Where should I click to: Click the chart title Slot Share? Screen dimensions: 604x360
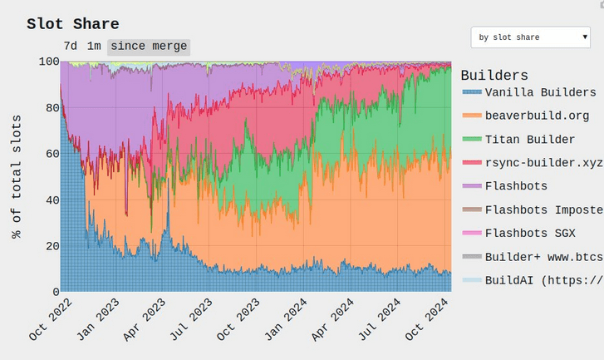coord(73,24)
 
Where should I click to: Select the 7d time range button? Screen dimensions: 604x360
coord(71,47)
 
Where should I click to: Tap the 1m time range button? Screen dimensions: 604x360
coord(94,47)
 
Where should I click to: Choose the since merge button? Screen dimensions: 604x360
coord(149,47)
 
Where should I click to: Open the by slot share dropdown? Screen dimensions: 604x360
coord(530,37)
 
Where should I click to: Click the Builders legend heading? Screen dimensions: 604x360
coord(494,75)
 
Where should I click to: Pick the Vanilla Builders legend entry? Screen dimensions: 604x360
coord(530,92)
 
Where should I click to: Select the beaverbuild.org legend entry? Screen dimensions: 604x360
coord(526,116)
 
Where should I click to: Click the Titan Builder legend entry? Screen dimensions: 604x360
coord(519,139)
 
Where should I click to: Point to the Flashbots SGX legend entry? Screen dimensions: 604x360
coord(519,233)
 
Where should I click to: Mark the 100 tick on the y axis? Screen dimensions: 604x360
coord(49,62)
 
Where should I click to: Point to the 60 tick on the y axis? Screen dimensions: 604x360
coord(52,154)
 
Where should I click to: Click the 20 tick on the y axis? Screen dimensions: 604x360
coord(52,246)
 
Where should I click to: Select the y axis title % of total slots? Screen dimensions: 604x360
coord(16,176)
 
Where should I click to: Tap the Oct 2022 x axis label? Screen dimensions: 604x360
coord(51,319)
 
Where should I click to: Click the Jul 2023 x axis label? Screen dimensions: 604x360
coord(191,319)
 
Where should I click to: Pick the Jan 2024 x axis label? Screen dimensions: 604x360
coord(286,319)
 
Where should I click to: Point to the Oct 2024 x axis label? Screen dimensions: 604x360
coord(427,319)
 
